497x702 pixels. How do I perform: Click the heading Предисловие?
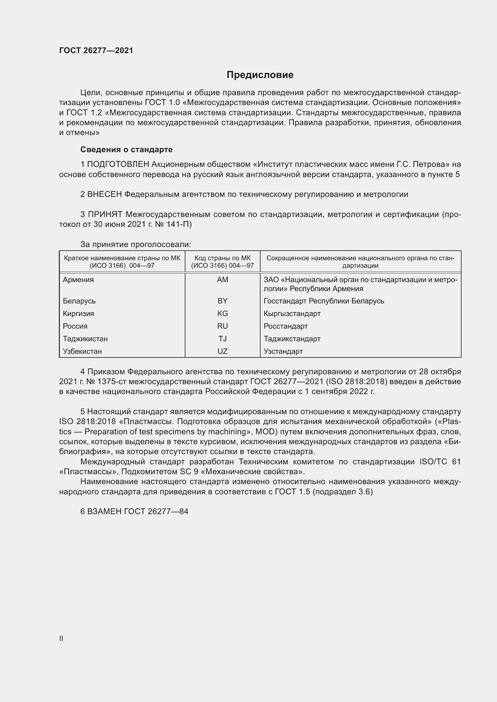tap(260, 75)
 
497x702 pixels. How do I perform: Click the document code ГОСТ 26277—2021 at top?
tap(96, 50)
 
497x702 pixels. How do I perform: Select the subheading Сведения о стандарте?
tap(127, 149)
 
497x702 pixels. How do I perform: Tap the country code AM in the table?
tap(222, 280)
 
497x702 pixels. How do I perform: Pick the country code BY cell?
tap(222, 301)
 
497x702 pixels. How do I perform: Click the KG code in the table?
tap(222, 313)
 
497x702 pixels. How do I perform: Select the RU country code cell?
tap(222, 326)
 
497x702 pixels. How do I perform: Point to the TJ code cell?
tap(222, 339)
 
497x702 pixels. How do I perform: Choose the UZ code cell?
tap(222, 351)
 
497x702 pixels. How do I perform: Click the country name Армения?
tap(78, 280)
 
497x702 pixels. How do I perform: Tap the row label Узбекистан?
tap(82, 351)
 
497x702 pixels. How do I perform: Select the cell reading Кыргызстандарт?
tap(292, 313)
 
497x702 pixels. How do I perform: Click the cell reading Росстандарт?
tap(285, 326)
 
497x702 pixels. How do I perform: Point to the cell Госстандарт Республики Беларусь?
tap(324, 301)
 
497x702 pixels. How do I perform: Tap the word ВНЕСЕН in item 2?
tap(105, 194)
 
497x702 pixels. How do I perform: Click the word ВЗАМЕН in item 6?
tap(105, 511)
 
